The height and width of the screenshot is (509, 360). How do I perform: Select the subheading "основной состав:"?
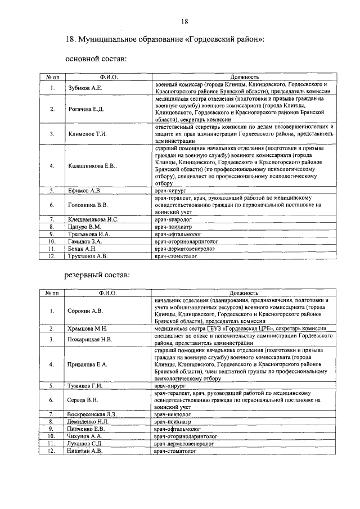(96, 58)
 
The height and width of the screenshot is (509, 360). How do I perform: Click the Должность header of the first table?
(244, 76)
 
